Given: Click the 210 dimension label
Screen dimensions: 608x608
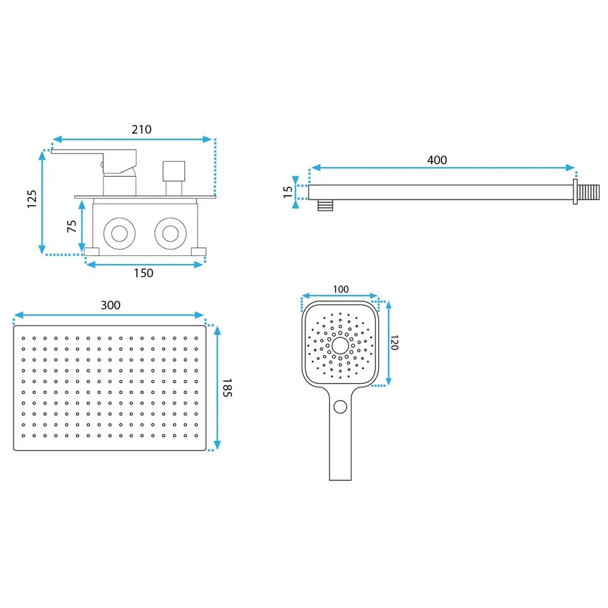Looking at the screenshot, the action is pos(142,130).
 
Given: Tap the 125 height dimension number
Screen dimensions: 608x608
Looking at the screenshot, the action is pos(32,199).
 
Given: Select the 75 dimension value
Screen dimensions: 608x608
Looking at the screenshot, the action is pos(72,226).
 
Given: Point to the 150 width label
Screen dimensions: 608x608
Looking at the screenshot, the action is pos(143,274).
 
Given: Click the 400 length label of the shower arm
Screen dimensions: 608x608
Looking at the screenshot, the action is pos(437,160).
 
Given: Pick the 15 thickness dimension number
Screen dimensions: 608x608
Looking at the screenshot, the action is pos(288,192).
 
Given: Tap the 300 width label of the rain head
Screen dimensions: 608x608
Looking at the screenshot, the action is pos(111,305).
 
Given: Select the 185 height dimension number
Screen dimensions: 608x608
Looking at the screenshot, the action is pos(227,388).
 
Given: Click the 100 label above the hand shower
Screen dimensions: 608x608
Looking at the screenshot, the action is pos(341,289).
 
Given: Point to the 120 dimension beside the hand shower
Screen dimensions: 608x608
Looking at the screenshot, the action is pos(395,343).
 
